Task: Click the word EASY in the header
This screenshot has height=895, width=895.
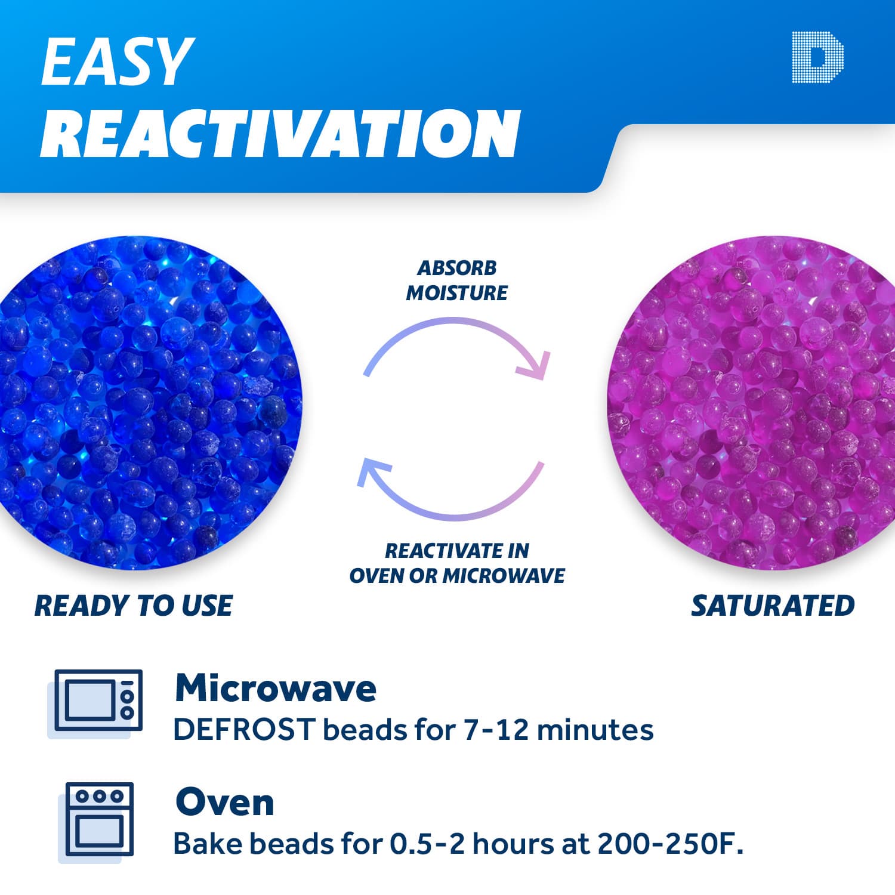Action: coord(117,62)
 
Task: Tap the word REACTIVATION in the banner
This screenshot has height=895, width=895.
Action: coord(280,134)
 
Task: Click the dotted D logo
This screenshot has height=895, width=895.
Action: coord(817,57)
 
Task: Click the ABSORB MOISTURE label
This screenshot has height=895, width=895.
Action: coord(456,280)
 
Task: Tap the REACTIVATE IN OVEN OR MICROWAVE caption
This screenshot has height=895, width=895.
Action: coord(456,563)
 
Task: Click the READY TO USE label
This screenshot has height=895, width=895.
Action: coord(134,606)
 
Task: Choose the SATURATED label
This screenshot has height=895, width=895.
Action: coord(773,606)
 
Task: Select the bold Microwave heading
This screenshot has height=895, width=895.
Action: coord(275,688)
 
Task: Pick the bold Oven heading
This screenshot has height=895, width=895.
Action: coord(224,801)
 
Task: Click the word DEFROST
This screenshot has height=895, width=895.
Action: coord(243,729)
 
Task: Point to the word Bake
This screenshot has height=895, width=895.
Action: coord(206,844)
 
